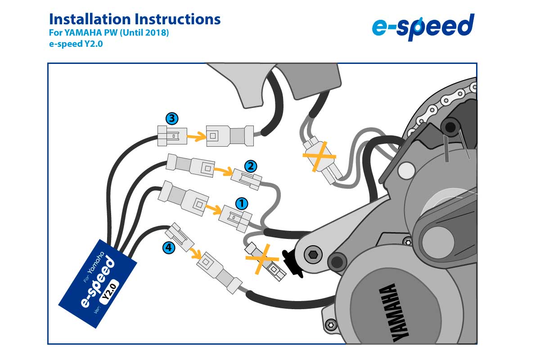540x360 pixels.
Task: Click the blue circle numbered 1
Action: (242, 203)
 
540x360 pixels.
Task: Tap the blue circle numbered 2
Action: (250, 166)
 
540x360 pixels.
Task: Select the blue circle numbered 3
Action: (171, 119)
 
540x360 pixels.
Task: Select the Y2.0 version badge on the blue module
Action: (110, 292)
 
